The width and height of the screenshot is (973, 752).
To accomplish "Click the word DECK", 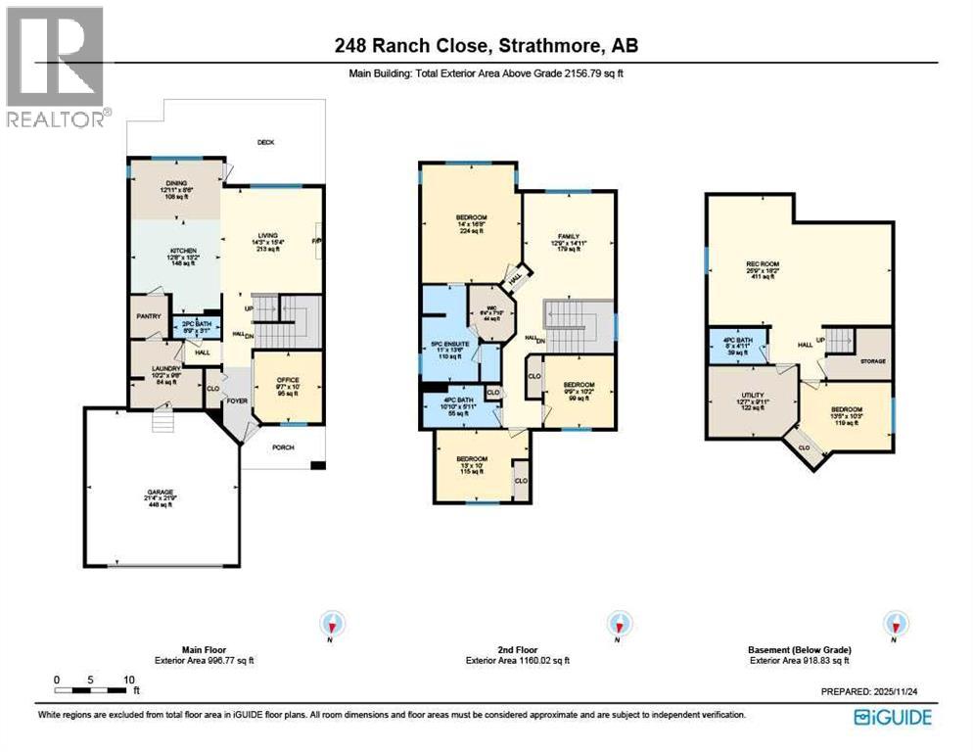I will tap(265, 143).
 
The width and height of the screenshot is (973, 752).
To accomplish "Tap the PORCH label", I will tap(283, 449).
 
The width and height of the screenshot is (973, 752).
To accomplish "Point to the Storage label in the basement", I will tap(873, 361).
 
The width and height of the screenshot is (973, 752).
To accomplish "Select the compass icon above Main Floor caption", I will tap(334, 624).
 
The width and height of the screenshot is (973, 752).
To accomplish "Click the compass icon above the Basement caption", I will tap(894, 624).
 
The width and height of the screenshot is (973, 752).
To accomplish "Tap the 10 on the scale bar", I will tap(128, 679).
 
